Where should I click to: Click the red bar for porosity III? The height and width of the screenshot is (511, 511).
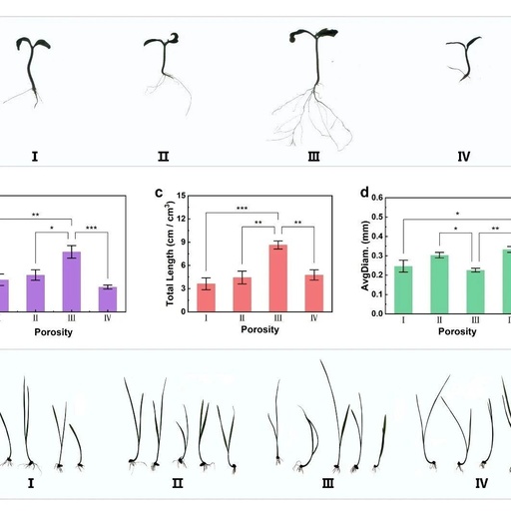click(x=278, y=278)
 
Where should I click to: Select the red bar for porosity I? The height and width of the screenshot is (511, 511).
click(x=207, y=297)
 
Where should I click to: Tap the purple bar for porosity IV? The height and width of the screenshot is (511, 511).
click(x=108, y=299)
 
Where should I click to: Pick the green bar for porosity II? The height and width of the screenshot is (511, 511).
click(x=439, y=284)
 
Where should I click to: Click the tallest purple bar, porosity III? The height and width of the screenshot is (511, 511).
click(x=72, y=281)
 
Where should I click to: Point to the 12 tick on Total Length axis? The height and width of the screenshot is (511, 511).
click(x=182, y=219)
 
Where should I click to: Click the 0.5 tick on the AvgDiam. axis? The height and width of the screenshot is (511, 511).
click(x=377, y=217)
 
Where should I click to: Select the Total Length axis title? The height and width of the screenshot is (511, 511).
click(x=170, y=254)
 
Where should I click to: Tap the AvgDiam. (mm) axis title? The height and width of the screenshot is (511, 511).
click(x=365, y=255)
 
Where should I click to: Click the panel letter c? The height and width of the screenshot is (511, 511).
click(x=159, y=193)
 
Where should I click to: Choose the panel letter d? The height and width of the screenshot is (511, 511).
click(x=364, y=192)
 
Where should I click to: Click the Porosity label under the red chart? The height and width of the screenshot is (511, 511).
click(x=259, y=329)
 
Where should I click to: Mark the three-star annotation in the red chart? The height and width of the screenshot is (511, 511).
click(x=242, y=209)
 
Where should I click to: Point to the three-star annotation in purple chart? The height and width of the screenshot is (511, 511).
click(x=91, y=228)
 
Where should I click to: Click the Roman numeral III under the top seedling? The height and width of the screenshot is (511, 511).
click(x=313, y=157)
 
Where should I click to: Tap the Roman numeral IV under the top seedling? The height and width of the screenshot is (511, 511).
click(x=464, y=157)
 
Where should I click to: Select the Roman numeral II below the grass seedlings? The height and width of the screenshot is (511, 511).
click(x=178, y=483)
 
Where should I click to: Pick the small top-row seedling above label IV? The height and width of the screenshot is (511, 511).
click(x=464, y=59)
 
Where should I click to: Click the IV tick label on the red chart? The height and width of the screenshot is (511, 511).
click(x=314, y=318)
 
